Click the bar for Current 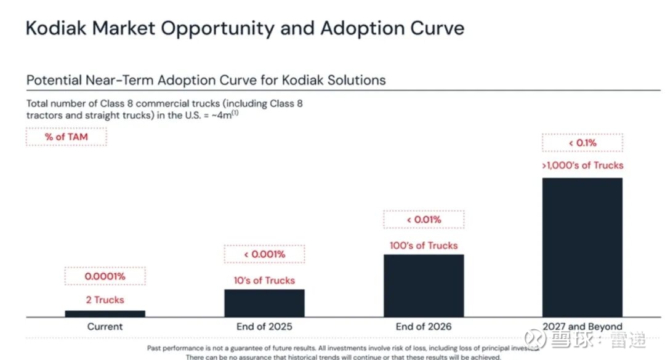(x=105, y=313)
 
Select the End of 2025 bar (x=264, y=303)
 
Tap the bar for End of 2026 (x=424, y=286)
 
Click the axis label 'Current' (x=105, y=326)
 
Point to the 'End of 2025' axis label (x=264, y=326)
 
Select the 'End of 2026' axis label (x=424, y=326)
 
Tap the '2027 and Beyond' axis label (x=582, y=326)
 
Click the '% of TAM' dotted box (x=66, y=137)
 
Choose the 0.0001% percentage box (x=105, y=276)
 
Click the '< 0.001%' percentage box (x=264, y=254)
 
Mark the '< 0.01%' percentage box (x=424, y=220)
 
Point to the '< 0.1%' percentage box (x=582, y=143)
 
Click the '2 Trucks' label (x=105, y=300)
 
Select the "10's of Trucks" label (x=264, y=280)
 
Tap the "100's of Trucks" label (x=424, y=246)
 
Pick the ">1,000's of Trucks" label (x=582, y=165)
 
